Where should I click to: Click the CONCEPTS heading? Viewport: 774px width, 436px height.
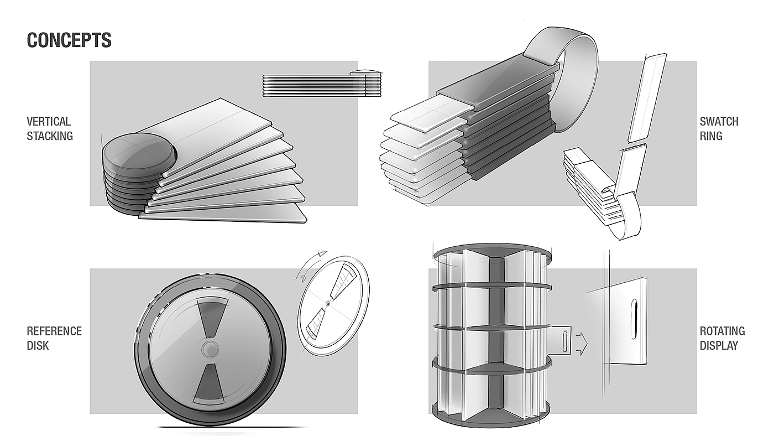(x=69, y=40)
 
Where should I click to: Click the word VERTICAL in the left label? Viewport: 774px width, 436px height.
(x=49, y=121)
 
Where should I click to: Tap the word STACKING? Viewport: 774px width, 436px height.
(x=50, y=136)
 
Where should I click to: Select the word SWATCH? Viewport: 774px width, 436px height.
(x=719, y=121)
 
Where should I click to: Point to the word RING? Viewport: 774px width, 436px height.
(x=711, y=136)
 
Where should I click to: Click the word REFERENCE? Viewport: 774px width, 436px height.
(x=54, y=331)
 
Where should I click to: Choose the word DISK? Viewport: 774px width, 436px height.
(x=38, y=345)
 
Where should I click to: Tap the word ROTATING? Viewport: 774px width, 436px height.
(x=723, y=331)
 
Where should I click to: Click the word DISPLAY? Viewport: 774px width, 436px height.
(x=719, y=345)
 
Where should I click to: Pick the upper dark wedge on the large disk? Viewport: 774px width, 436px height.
(x=212, y=315)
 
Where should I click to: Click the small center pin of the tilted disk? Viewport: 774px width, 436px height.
(x=327, y=303)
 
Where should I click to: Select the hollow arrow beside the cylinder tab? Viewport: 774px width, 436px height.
(x=581, y=344)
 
